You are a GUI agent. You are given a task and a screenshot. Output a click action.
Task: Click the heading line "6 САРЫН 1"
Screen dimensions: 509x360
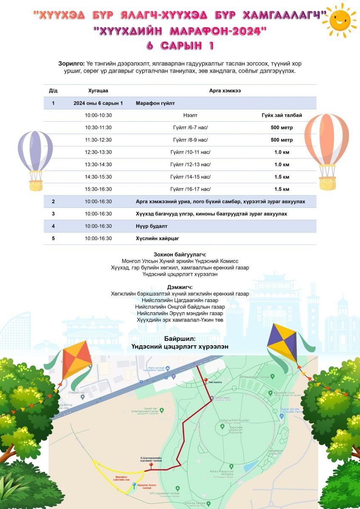180,45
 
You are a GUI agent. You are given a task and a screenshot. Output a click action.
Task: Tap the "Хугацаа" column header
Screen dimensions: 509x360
98,91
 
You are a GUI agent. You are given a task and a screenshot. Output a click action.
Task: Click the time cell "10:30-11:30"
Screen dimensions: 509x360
98,128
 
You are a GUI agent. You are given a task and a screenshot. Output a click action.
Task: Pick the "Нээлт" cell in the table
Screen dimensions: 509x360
190,115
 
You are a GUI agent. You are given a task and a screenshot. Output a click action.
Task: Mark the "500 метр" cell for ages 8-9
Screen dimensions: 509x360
281,140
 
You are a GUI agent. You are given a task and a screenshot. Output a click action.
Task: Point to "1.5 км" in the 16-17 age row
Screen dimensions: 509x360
281,189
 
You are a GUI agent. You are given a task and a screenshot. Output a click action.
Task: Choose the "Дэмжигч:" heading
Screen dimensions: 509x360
180,287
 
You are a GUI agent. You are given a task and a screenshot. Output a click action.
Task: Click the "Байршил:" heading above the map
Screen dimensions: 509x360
180,339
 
